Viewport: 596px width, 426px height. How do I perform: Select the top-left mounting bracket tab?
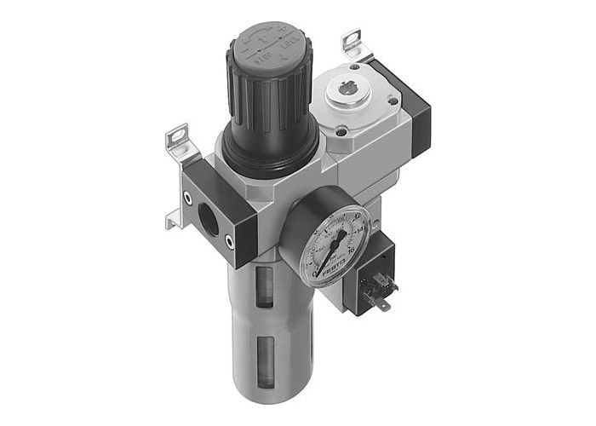click(177, 136)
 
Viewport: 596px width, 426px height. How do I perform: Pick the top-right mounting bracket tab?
click(352, 42)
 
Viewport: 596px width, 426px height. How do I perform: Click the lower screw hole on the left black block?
click(232, 243)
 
